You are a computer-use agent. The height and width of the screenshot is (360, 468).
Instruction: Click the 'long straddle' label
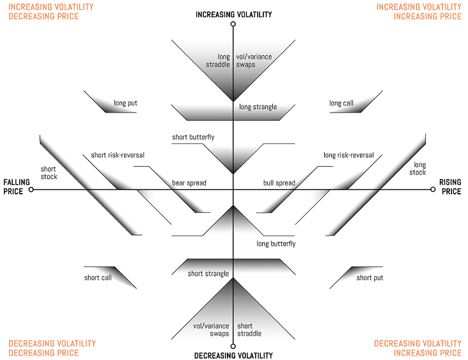point(218,61)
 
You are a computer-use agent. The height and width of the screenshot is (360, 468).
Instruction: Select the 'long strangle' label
point(258,107)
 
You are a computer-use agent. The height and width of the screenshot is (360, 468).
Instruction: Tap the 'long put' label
point(126,103)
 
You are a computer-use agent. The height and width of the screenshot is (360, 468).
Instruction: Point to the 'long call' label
point(341,103)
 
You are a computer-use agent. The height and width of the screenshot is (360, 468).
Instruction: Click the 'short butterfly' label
point(193,137)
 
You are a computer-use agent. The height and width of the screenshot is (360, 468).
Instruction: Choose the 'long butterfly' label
point(276,244)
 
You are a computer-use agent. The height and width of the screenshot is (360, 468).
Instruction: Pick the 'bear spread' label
point(189,183)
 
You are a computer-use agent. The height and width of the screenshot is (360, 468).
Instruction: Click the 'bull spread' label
point(279,183)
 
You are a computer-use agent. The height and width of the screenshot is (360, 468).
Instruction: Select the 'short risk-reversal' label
point(116,155)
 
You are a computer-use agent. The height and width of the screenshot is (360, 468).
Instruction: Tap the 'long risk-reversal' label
point(348,155)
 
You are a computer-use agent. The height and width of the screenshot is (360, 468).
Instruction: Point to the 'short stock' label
point(49,173)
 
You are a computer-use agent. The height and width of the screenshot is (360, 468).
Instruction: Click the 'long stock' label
point(418,169)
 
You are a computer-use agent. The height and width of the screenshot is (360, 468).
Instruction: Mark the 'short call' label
point(98,278)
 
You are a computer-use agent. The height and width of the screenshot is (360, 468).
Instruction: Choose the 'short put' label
point(370,278)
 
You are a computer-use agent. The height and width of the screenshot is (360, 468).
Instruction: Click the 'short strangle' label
point(208,274)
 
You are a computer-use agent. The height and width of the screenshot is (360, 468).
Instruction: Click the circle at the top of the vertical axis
point(233,25)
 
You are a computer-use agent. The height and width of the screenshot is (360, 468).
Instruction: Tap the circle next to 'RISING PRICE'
point(433,189)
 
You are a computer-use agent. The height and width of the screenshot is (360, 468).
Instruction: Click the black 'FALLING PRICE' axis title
point(13,186)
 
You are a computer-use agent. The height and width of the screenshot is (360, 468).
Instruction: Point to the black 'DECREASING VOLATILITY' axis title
point(233,356)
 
